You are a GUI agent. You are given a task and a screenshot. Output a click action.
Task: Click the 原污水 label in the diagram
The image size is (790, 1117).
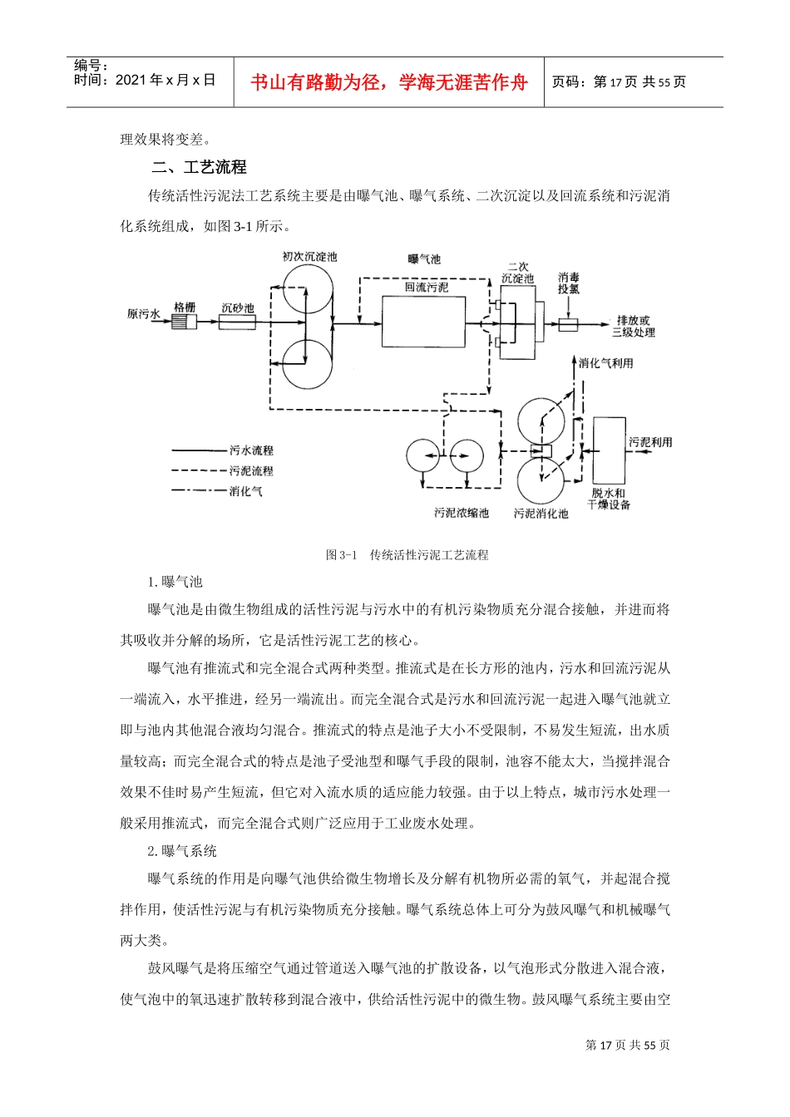click(x=143, y=314)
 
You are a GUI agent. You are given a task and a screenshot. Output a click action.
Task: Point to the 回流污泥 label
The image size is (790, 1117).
click(x=426, y=288)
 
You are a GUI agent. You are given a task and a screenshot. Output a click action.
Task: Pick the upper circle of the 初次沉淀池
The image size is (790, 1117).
click(x=306, y=297)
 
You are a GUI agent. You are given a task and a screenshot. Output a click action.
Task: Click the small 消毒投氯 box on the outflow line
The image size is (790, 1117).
click(x=568, y=325)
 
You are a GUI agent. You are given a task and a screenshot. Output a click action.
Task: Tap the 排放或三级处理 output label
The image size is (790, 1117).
click(x=633, y=326)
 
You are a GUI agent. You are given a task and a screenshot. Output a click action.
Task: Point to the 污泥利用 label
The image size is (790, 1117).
click(x=649, y=442)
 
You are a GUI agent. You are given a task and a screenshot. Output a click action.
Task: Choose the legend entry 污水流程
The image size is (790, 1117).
click(x=251, y=450)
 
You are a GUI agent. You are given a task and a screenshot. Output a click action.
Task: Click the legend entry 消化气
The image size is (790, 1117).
click(x=245, y=491)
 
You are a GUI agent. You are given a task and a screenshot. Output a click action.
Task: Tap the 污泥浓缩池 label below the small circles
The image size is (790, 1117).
click(x=461, y=513)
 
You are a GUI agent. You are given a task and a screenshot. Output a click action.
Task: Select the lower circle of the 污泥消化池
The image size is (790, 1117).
click(x=541, y=481)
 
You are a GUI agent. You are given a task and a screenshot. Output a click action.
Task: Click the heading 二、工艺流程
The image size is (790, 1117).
click(x=200, y=167)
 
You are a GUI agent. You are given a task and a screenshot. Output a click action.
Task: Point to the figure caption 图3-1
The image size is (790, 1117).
click(x=407, y=554)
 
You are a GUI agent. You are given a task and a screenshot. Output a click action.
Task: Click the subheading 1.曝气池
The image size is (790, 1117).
click(x=175, y=582)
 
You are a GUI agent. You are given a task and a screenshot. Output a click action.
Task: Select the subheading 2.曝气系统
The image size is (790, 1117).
click(x=181, y=850)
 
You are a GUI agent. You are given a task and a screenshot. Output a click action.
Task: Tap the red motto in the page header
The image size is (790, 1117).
click(x=388, y=82)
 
